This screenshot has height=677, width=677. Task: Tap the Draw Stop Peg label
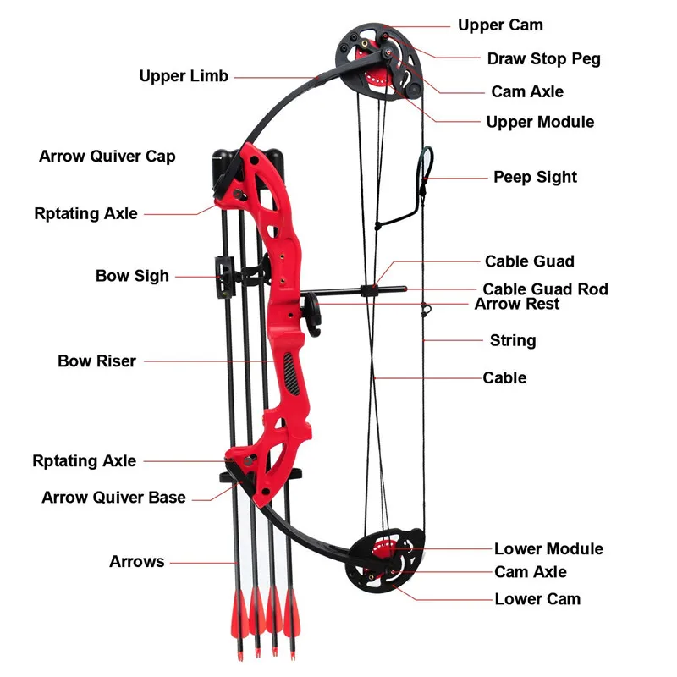(x=543, y=59)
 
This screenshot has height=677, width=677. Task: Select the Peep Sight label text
(x=535, y=178)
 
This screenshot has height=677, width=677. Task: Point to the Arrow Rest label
(x=516, y=304)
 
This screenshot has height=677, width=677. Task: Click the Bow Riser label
(x=96, y=361)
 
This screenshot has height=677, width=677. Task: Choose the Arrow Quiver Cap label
(x=107, y=157)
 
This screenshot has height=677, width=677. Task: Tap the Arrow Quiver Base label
(x=113, y=498)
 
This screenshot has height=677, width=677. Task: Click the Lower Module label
(x=548, y=549)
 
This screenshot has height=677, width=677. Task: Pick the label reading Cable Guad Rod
(x=545, y=289)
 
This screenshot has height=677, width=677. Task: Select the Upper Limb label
(x=184, y=76)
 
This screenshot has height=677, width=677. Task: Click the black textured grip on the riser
(x=292, y=373)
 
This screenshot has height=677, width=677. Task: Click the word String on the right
(x=513, y=340)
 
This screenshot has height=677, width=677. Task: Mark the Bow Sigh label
(x=132, y=276)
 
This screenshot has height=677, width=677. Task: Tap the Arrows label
(x=136, y=561)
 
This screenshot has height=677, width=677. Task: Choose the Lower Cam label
(x=537, y=599)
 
